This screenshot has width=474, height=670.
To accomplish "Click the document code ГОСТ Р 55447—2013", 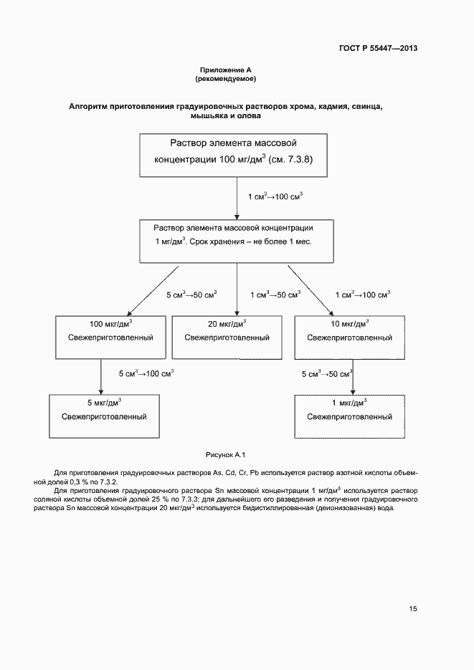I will pyautogui.click(x=377, y=49).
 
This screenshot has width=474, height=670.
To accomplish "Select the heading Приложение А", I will pyautogui.click(x=226, y=70).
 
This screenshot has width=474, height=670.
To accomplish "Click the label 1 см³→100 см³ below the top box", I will pyautogui.click(x=275, y=196).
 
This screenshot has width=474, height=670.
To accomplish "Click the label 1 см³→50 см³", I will pyautogui.click(x=275, y=295).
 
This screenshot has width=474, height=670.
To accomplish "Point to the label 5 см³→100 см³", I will pyautogui.click(x=146, y=373).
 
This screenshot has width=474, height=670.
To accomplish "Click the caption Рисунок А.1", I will pyautogui.click(x=226, y=454).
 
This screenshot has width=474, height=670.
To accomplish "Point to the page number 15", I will pyautogui.click(x=413, y=609).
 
